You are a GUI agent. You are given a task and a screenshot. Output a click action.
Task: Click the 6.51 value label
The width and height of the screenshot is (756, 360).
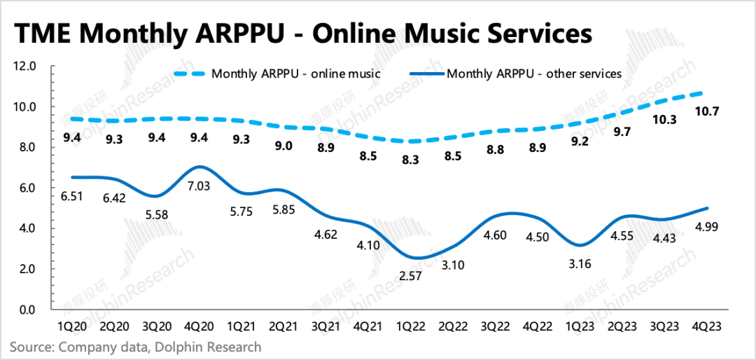click(71, 198)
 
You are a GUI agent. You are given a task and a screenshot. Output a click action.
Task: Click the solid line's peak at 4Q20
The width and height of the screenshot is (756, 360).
click(201, 167)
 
